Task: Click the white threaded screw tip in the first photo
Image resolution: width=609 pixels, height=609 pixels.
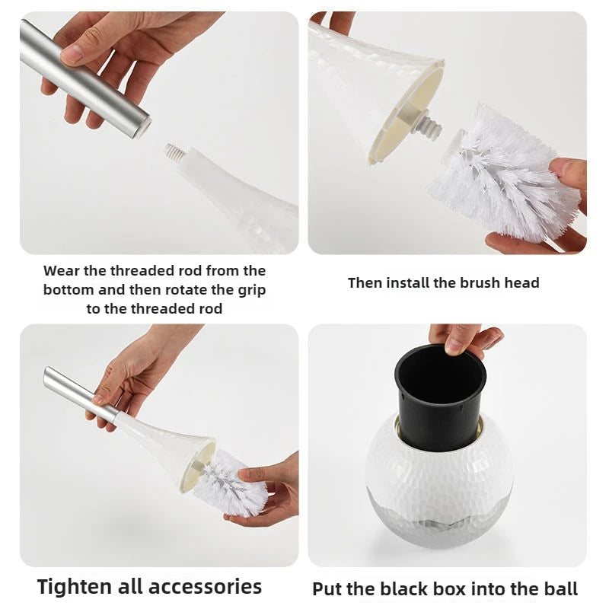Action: [175, 153]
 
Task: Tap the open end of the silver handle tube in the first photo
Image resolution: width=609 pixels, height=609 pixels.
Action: [143, 127]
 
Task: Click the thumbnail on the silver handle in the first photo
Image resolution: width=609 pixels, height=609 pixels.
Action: [72, 53]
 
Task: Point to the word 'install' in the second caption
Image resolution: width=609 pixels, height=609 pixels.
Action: [404, 282]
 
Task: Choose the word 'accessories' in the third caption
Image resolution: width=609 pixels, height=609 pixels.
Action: [206, 587]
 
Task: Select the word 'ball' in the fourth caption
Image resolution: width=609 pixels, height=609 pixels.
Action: [563, 588]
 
